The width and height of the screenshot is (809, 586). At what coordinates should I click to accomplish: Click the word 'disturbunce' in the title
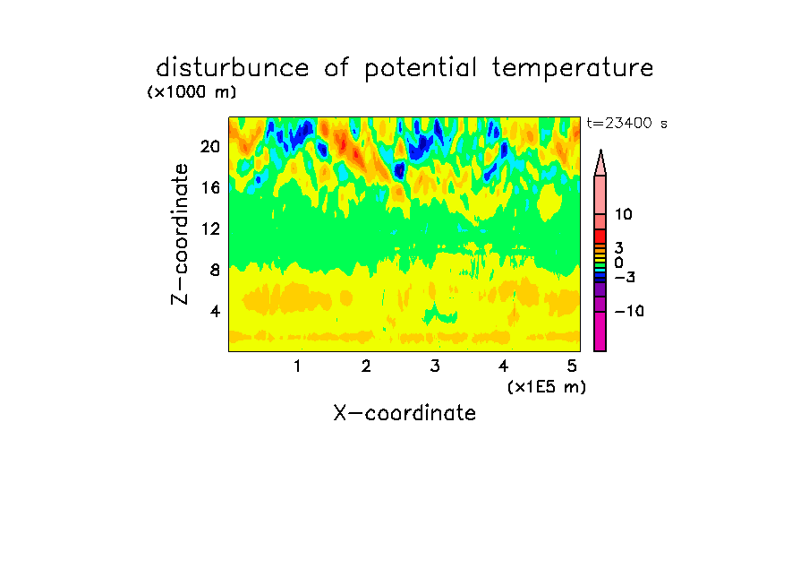tap(232, 67)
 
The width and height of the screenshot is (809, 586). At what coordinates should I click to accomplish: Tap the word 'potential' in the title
tap(421, 68)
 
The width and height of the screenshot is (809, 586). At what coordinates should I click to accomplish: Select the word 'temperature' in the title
tap(573, 68)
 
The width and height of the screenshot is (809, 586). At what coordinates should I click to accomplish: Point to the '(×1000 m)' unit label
tap(192, 92)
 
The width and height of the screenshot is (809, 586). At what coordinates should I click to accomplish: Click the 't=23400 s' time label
tap(626, 123)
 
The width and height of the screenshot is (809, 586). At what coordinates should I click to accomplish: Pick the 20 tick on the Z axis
tap(210, 147)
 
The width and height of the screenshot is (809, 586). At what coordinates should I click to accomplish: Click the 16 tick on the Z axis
tap(210, 187)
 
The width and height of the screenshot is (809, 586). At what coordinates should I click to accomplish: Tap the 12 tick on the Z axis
tap(210, 228)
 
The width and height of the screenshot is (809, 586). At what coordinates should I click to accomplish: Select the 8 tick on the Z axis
tap(215, 270)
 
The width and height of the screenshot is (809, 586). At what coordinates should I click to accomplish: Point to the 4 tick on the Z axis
tap(215, 311)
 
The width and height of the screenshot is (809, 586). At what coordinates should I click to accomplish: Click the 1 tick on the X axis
tap(297, 366)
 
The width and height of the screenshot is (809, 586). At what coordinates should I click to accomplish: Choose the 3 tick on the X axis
tap(435, 366)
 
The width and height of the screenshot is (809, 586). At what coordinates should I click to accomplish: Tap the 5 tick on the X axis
tap(572, 366)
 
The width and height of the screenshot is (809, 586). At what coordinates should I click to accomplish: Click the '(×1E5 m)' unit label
tap(547, 387)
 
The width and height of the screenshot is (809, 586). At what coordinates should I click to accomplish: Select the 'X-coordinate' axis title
tap(404, 413)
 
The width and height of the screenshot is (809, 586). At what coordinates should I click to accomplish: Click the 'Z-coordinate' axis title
tap(180, 234)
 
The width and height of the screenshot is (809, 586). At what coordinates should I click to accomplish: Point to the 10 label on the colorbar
tap(623, 214)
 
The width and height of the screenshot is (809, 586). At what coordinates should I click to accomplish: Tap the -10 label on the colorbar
tap(629, 311)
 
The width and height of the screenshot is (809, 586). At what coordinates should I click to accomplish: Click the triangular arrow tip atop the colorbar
tap(600, 150)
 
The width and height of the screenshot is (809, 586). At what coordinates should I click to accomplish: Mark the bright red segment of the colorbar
tap(600, 237)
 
